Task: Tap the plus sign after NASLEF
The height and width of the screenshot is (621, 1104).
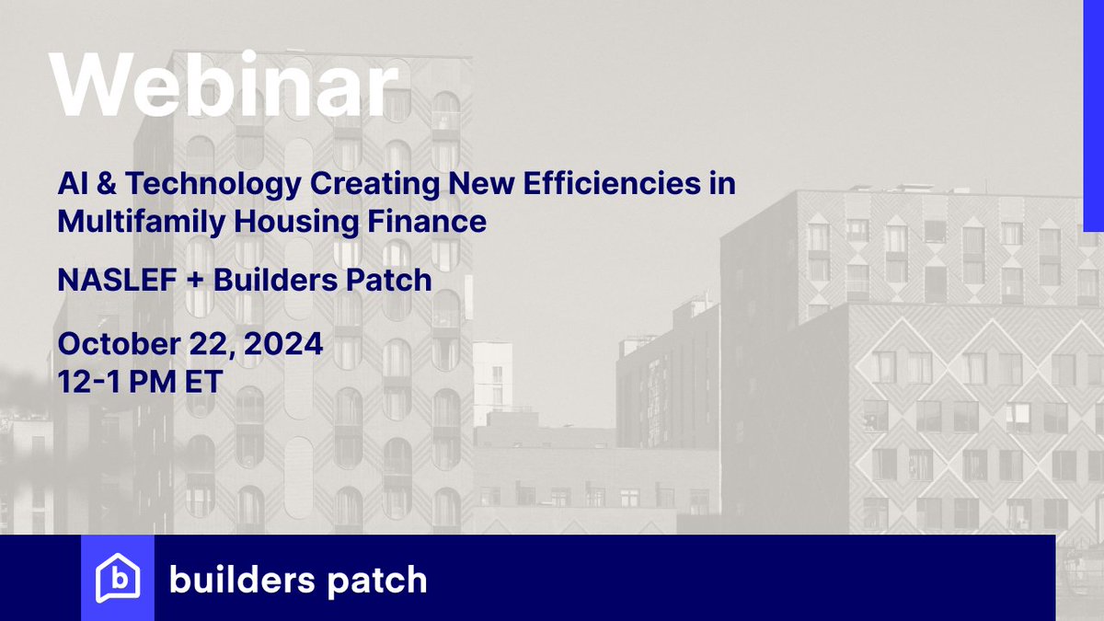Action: [x=196, y=281]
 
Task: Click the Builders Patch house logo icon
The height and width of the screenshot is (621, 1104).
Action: [x=118, y=579]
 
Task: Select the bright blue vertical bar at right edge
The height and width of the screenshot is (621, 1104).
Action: [x=1093, y=115]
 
